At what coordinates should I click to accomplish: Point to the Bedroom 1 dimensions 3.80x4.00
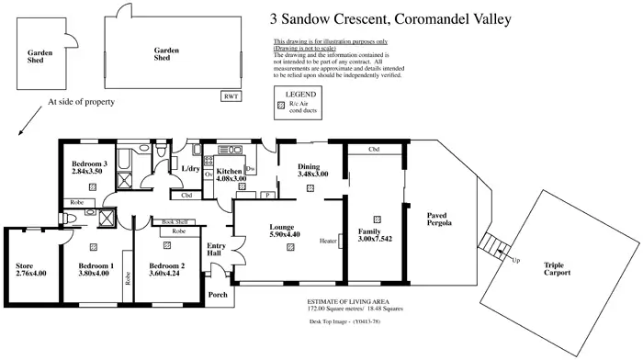[96, 273]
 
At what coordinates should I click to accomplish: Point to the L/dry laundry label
[190, 169]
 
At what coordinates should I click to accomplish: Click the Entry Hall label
[217, 250]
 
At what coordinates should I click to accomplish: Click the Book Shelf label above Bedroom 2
[175, 221]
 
